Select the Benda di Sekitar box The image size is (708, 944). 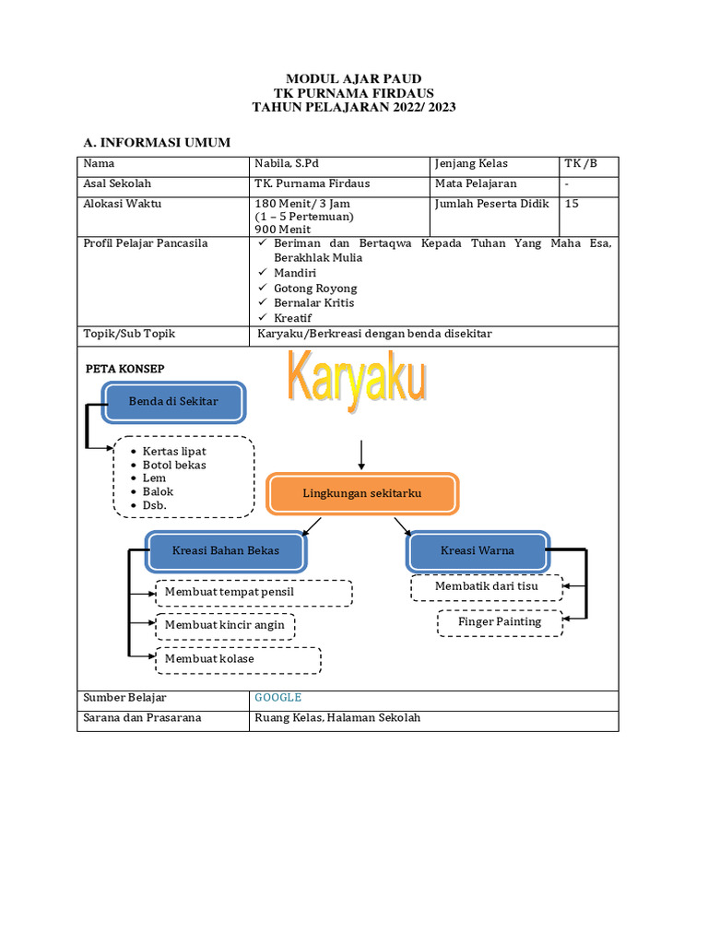coord(173,402)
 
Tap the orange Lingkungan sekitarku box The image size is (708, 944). coord(361,494)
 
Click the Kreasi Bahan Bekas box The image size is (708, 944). coord(225,551)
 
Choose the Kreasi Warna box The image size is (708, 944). coord(478,551)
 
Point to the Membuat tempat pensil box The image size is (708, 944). coord(254,592)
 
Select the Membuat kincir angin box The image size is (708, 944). coord(225,626)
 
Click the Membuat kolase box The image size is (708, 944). coord(238,660)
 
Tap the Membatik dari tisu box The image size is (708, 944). coord(486,586)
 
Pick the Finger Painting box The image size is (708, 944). coord(500,622)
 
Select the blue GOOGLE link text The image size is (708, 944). coord(278,698)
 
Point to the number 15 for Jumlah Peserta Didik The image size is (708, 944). coord(572,204)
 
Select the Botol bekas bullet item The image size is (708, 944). coord(174,466)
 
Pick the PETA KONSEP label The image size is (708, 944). coord(124,369)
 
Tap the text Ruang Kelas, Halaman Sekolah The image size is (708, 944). coord(337,718)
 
